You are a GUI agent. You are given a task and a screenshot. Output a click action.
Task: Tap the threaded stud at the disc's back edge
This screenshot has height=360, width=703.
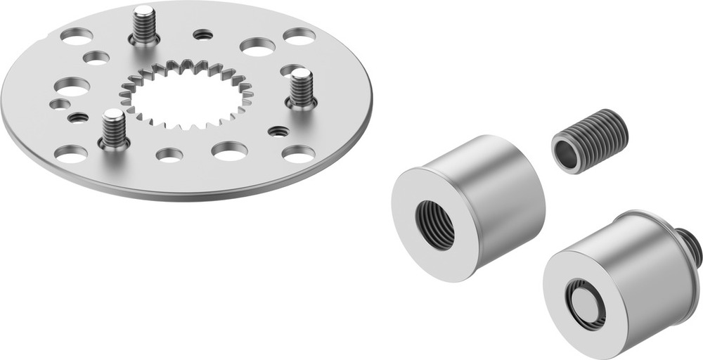pos(144,25)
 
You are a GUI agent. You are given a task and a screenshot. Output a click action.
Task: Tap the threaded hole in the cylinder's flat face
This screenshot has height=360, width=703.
pos(436,224)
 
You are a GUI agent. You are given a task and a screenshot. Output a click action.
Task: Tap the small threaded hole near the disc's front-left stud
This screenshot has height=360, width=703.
pos(78,117)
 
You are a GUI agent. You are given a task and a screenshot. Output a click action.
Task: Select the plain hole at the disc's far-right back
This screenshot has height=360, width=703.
pos(299,36)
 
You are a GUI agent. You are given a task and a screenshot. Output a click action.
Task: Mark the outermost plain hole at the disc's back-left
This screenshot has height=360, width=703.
pos(77,35)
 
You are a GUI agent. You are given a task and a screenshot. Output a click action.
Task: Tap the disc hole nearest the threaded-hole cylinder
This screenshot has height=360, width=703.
pos(299,153)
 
